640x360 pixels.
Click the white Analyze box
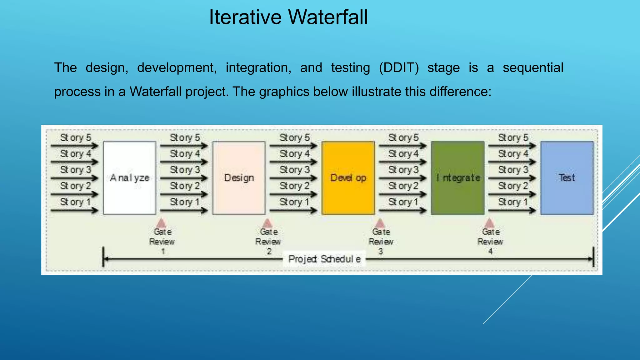(129, 178)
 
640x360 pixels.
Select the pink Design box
(239, 178)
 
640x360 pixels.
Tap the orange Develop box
(348, 178)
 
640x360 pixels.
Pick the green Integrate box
(458, 178)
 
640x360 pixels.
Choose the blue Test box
(567, 178)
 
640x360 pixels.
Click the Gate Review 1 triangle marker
(161, 223)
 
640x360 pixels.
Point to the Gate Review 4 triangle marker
(489, 223)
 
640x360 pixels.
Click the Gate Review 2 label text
(268, 241)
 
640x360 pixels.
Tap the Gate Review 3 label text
(381, 241)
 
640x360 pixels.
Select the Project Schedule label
(324, 259)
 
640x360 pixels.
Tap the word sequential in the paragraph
(533, 68)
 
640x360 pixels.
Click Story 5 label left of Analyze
(76, 137)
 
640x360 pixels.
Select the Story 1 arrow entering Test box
(512, 211)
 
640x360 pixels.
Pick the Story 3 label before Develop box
(294, 170)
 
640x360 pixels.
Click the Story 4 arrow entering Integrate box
(402, 162)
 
